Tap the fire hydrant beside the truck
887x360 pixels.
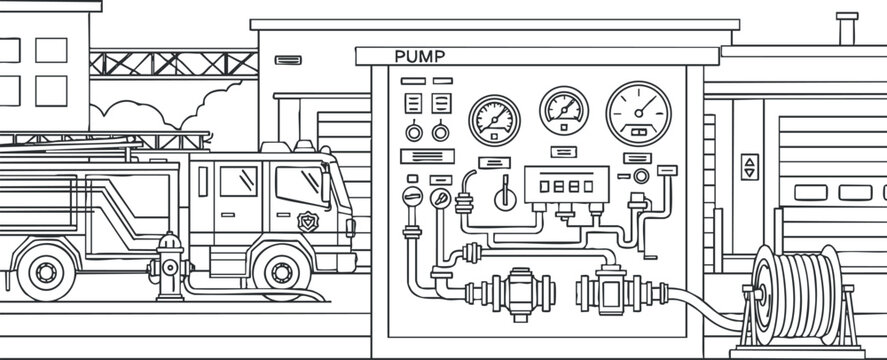coord(170,267)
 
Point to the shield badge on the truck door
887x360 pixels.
coord(308,221)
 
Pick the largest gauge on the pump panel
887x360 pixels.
coord(638,110)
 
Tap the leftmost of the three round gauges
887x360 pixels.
coord(494,119)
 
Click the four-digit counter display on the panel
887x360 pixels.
coord(567,185)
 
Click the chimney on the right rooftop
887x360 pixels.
coord(846,28)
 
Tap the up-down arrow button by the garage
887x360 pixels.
coord(749,166)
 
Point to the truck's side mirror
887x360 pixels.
coord(327,187)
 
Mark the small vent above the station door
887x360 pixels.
coord(288,60)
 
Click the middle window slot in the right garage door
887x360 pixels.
coord(854,192)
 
